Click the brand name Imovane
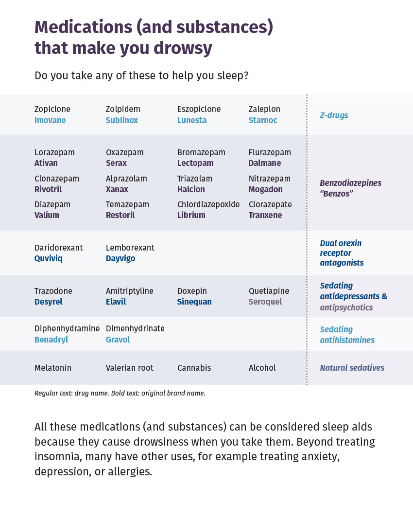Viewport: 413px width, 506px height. click(x=50, y=120)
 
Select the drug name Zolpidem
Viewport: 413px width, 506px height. click(x=123, y=109)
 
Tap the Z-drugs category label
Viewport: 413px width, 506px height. click(x=334, y=115)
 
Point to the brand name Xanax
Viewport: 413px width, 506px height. click(x=117, y=189)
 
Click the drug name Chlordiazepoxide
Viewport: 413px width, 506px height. click(x=208, y=204)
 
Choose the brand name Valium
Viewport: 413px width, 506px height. click(x=47, y=215)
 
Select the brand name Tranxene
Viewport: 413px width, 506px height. click(x=265, y=215)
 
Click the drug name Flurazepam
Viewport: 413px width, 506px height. click(x=270, y=153)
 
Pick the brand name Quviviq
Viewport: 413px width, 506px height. click(x=49, y=258)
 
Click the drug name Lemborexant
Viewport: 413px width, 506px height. click(x=130, y=248)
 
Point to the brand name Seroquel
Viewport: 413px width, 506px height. click(x=265, y=302)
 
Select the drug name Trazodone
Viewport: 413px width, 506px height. click(x=53, y=291)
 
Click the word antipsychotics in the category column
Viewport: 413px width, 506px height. click(x=346, y=307)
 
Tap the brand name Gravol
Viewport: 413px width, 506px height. click(x=118, y=340)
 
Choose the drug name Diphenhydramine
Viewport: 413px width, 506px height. click(x=67, y=329)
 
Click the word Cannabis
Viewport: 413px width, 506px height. click(x=194, y=368)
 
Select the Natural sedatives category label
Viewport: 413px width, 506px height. click(x=352, y=368)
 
